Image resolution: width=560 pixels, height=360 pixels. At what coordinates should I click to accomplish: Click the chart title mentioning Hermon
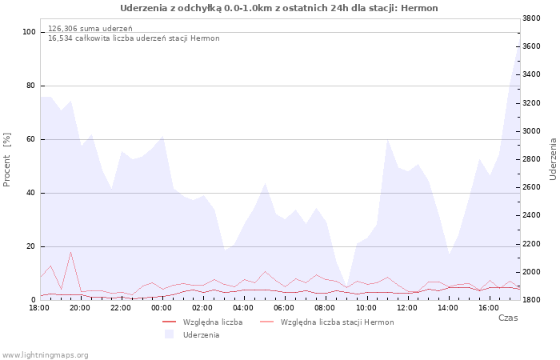[279, 8]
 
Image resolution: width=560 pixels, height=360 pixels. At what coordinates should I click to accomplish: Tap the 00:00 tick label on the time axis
[162, 307]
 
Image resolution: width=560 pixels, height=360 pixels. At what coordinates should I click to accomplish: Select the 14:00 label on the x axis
[448, 307]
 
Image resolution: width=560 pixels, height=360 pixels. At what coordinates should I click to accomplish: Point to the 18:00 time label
[39, 307]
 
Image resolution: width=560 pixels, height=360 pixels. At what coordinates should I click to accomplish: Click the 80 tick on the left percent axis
[30, 86]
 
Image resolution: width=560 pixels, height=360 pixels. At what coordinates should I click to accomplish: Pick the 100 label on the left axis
[29, 32]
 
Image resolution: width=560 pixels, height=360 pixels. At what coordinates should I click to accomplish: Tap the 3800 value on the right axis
[531, 18]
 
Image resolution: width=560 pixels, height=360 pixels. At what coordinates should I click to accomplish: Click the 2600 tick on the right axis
[531, 187]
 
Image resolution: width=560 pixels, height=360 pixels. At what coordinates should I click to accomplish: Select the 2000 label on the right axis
[531, 272]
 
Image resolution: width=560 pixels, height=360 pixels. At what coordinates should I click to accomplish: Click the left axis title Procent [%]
[6, 160]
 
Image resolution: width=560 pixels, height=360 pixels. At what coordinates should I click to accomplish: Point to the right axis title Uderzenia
[554, 159]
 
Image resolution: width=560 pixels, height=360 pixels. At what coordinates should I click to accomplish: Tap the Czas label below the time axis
[508, 318]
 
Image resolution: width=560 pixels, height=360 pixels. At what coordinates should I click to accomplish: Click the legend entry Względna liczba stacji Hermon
[337, 322]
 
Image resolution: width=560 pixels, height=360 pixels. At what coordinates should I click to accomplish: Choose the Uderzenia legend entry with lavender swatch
[201, 335]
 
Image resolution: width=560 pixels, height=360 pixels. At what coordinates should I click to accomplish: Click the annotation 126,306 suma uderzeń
[90, 29]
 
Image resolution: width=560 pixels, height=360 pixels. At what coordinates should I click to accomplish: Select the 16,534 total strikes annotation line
[134, 38]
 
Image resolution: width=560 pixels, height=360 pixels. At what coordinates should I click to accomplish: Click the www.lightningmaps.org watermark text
[45, 355]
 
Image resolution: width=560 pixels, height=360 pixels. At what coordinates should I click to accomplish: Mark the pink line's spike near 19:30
[70, 252]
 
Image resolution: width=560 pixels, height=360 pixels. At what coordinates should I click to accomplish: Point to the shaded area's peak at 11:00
[387, 140]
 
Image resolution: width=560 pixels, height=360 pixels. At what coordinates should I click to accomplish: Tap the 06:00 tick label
[284, 307]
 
